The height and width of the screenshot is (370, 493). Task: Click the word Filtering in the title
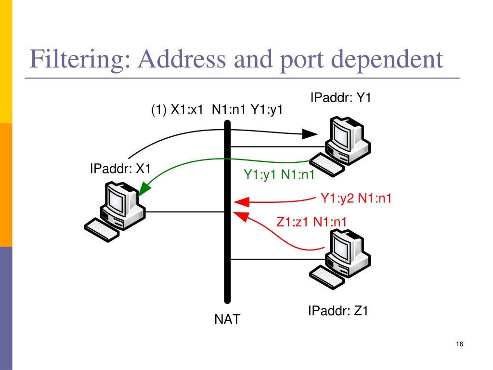coord(80,60)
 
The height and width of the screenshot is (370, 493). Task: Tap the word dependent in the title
coord(387,60)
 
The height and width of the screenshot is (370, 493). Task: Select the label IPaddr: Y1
coord(340,97)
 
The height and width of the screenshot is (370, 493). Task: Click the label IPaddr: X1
coord(120,169)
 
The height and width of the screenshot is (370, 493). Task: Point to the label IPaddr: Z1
coord(338,311)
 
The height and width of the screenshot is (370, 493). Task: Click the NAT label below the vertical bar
coord(227,319)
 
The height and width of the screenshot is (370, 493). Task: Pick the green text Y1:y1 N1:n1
coord(279,174)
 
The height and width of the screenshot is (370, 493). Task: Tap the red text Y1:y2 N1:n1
coord(356,198)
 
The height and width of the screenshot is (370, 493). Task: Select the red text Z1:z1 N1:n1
coord(311,222)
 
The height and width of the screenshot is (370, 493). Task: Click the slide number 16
coord(459,344)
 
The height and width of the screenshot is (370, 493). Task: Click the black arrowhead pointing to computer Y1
coord(310,134)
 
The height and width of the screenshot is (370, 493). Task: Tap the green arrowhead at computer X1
coord(144,189)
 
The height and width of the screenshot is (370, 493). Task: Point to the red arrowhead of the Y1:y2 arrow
coord(242,202)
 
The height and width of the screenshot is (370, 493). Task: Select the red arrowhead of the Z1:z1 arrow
coord(241,217)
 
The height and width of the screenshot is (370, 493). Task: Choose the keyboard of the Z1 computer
coord(327,277)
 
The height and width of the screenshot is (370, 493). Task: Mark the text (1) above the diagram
coord(159,110)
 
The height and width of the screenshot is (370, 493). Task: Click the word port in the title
coord(301,61)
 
